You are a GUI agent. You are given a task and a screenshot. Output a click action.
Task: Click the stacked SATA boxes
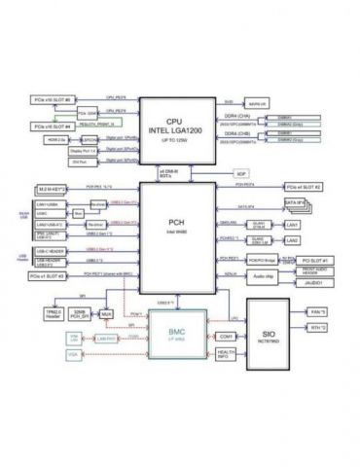point(297,204)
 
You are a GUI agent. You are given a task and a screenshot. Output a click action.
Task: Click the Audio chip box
point(265,276)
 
